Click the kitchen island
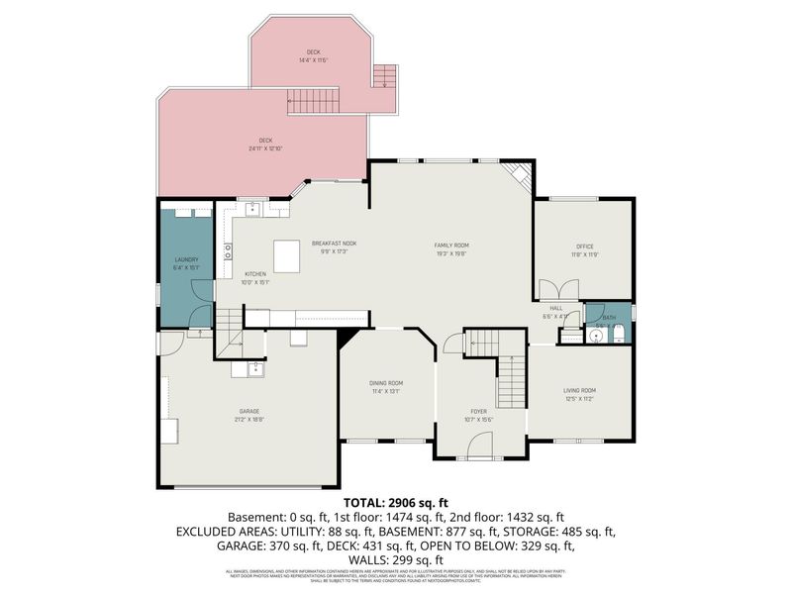coord(287,256)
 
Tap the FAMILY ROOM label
coord(451,245)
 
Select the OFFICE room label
coord(584,247)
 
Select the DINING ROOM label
coord(387,383)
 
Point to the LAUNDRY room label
coord(186,260)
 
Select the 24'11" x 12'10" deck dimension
coord(265,148)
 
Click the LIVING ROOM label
coord(579,390)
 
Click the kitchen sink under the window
coord(254,209)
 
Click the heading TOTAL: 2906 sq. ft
coord(395,503)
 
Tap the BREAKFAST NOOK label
coord(334,243)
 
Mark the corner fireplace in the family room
coord(518,175)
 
